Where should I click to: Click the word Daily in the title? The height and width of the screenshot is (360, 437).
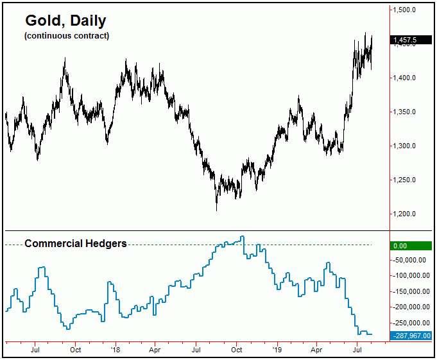point(87,21)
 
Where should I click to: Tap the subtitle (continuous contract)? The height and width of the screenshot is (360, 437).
point(67,35)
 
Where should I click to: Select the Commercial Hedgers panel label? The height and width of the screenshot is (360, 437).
point(75,244)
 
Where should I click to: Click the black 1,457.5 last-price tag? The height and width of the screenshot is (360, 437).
point(410,40)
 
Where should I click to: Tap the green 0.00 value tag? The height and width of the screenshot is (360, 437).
point(410,245)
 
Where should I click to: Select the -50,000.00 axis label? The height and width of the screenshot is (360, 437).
point(411,261)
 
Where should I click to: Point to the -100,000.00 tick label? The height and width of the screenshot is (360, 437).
point(411,276)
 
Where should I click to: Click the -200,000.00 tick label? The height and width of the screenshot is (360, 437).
point(411,307)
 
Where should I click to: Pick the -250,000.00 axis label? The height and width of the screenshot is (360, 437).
point(411,323)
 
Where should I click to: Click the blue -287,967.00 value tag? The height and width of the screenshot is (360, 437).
point(411,335)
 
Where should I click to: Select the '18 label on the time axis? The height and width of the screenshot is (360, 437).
point(115,350)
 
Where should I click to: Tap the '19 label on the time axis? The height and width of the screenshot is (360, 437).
point(277,350)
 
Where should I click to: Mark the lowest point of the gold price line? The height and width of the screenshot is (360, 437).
point(216,210)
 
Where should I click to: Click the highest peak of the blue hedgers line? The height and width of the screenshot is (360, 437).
point(243,237)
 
